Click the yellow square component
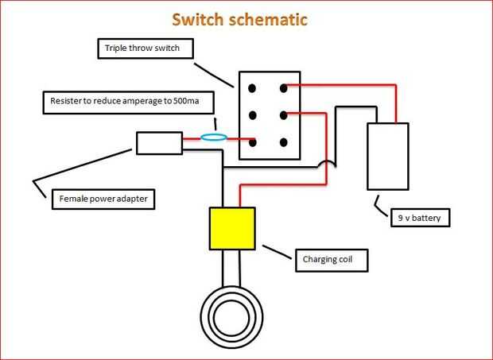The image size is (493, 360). [x=231, y=228]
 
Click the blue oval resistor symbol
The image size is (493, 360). [x=213, y=138]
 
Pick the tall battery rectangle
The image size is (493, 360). [x=387, y=156]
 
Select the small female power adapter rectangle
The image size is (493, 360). [x=159, y=143]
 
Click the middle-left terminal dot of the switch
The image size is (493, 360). [x=252, y=114]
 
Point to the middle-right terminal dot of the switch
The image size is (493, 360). [x=283, y=114]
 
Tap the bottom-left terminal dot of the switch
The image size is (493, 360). [x=252, y=142]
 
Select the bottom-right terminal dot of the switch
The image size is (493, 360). [x=283, y=142]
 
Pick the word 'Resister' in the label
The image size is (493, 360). [x=68, y=103]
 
